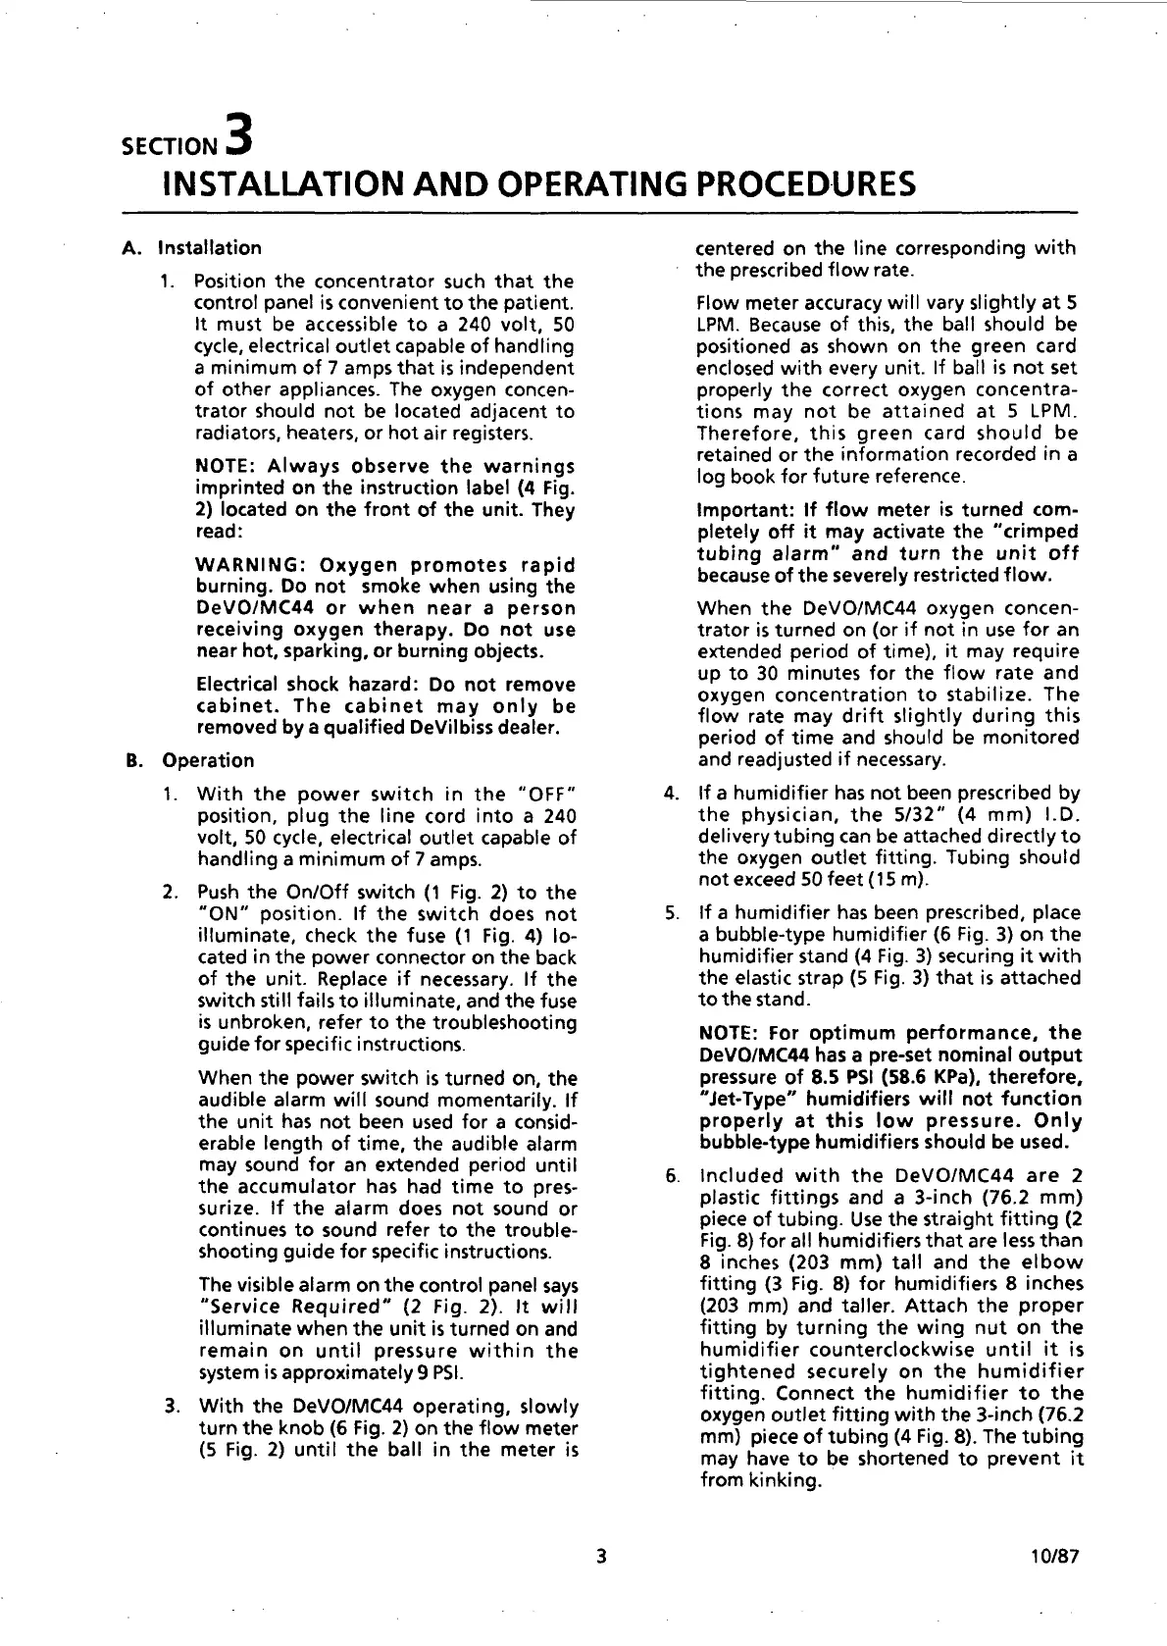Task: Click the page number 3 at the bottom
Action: [x=600, y=1556]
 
